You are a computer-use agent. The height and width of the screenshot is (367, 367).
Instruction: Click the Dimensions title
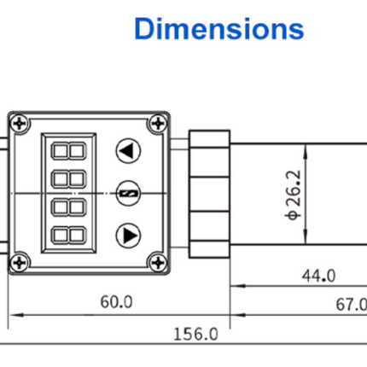(218, 28)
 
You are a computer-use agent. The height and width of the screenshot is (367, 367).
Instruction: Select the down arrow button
(127, 233)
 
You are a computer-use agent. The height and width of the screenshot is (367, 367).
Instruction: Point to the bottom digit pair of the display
(68, 235)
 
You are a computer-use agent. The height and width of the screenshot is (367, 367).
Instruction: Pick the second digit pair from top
(68, 180)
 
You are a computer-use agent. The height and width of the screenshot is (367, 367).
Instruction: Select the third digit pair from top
(68, 207)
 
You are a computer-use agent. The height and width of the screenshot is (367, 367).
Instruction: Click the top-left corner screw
(21, 124)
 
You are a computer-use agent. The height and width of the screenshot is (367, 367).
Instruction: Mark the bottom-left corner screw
(21, 262)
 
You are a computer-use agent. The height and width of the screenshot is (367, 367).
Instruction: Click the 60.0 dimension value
(117, 301)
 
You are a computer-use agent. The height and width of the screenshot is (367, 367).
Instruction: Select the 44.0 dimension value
(318, 275)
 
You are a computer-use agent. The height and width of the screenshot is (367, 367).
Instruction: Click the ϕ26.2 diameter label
(294, 195)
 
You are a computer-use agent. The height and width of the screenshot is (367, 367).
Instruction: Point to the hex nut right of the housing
(207, 192)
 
